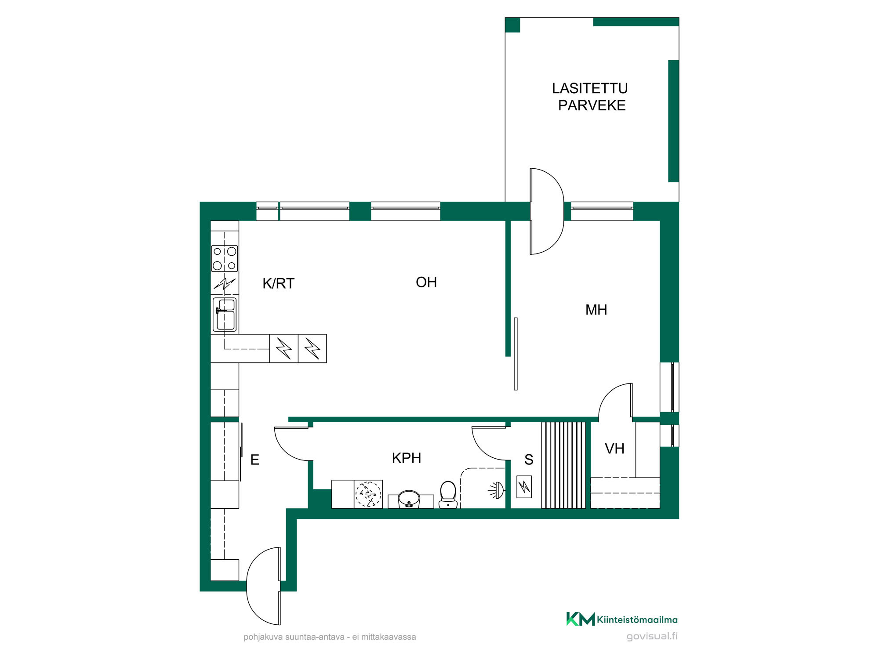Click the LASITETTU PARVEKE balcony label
(x=590, y=97)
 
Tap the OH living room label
(x=426, y=282)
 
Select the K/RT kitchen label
(x=278, y=283)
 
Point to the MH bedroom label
(x=596, y=310)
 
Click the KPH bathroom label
(x=407, y=458)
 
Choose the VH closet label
(x=614, y=449)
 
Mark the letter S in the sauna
(x=529, y=460)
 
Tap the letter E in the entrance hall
(x=254, y=460)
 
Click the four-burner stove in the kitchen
(x=225, y=258)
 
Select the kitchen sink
(x=225, y=314)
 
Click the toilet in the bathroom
(x=448, y=495)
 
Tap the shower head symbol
(x=497, y=490)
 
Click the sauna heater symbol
(x=524, y=487)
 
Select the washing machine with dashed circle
(x=368, y=494)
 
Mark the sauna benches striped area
(x=563, y=465)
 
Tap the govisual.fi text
(x=652, y=636)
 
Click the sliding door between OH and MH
(x=516, y=354)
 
